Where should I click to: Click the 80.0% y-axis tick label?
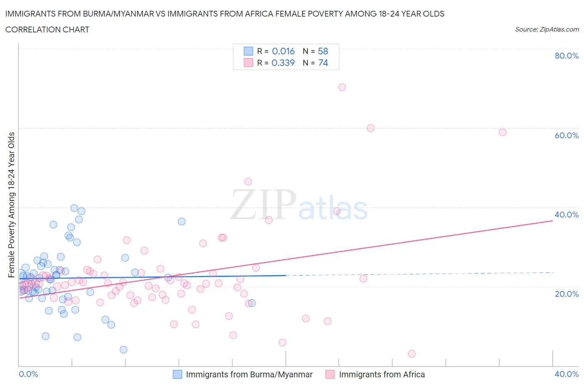567,56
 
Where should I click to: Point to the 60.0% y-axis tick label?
567,135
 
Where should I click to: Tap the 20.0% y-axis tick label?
567,294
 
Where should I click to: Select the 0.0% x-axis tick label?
28,374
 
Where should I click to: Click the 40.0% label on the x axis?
567,374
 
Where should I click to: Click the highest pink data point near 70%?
342,87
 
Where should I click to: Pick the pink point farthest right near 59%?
502,132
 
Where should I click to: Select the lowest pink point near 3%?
412,354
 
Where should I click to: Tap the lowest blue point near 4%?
123,350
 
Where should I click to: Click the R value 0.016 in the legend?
283,51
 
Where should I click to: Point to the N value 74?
323,63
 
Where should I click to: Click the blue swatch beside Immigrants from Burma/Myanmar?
177,374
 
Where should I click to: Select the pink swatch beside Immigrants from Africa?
330,374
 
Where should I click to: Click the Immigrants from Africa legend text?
382,374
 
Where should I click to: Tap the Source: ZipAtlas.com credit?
547,29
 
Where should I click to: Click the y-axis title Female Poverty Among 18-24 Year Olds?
12,205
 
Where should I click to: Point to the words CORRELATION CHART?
47,29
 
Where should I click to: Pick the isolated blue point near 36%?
182,222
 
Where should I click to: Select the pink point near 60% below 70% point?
371,128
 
